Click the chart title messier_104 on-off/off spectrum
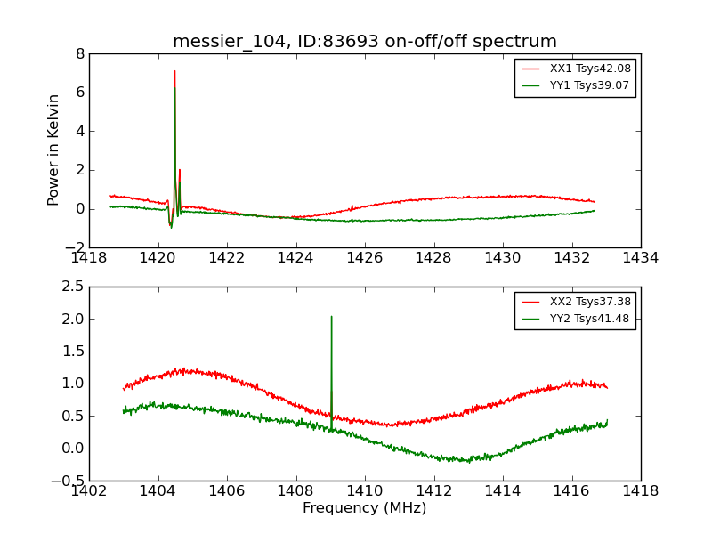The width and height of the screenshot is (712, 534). pos(365,42)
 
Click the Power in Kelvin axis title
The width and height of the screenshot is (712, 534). pos(54,150)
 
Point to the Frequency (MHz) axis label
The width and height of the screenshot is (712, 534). pos(364,508)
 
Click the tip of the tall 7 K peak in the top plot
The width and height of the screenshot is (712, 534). pos(174,71)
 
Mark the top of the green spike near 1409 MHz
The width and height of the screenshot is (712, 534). pos(331,316)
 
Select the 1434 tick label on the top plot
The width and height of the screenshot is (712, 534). pos(640,257)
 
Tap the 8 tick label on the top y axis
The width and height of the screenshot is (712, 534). pos(80,53)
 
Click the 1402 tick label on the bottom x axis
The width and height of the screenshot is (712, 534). pos(89,490)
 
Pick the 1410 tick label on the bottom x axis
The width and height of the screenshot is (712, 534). pos(364,490)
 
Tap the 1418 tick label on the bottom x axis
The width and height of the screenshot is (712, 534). pos(640,490)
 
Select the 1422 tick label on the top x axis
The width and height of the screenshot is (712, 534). pos(226,257)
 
